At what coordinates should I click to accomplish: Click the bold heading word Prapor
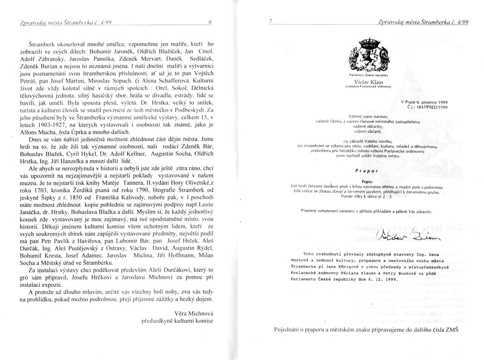[x=366, y=171]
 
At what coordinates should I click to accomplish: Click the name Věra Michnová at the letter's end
[x=194, y=313]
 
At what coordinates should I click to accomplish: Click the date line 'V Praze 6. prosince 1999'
[x=424, y=102]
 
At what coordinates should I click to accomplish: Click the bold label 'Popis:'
[x=367, y=182]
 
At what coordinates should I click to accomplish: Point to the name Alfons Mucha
[x=36, y=132]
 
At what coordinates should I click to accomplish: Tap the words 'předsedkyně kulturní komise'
[x=177, y=321]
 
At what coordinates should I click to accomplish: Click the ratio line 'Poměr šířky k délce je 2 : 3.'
[x=367, y=196]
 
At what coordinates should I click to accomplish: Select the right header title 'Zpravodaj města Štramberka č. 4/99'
[x=423, y=23]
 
